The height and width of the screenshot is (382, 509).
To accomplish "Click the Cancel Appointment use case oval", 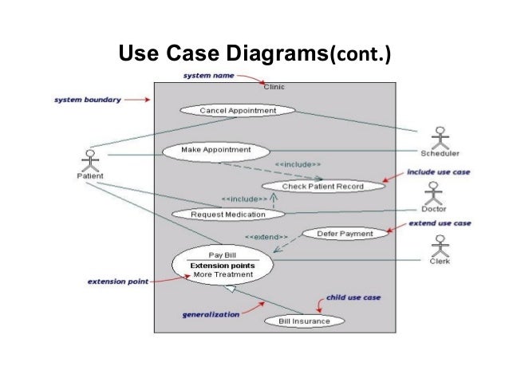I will pyautogui.click(x=238, y=110).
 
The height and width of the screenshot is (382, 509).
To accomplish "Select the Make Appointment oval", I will pyautogui.click(x=215, y=149).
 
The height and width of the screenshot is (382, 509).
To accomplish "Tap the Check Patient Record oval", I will pyautogui.click(x=323, y=186).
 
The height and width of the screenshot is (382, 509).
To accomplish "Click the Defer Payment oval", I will pyautogui.click(x=345, y=234).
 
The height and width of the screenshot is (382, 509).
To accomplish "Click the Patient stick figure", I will pyautogui.click(x=90, y=159).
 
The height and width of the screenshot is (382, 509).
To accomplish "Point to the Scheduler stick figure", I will pyautogui.click(x=440, y=136).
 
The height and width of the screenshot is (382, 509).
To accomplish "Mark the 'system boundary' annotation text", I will pyautogui.click(x=88, y=100).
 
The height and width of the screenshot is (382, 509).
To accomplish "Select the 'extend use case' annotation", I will pyautogui.click(x=440, y=223).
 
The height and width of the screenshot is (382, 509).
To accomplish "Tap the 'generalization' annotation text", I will pyautogui.click(x=210, y=314).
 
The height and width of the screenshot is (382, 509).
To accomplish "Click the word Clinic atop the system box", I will pyautogui.click(x=274, y=86).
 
